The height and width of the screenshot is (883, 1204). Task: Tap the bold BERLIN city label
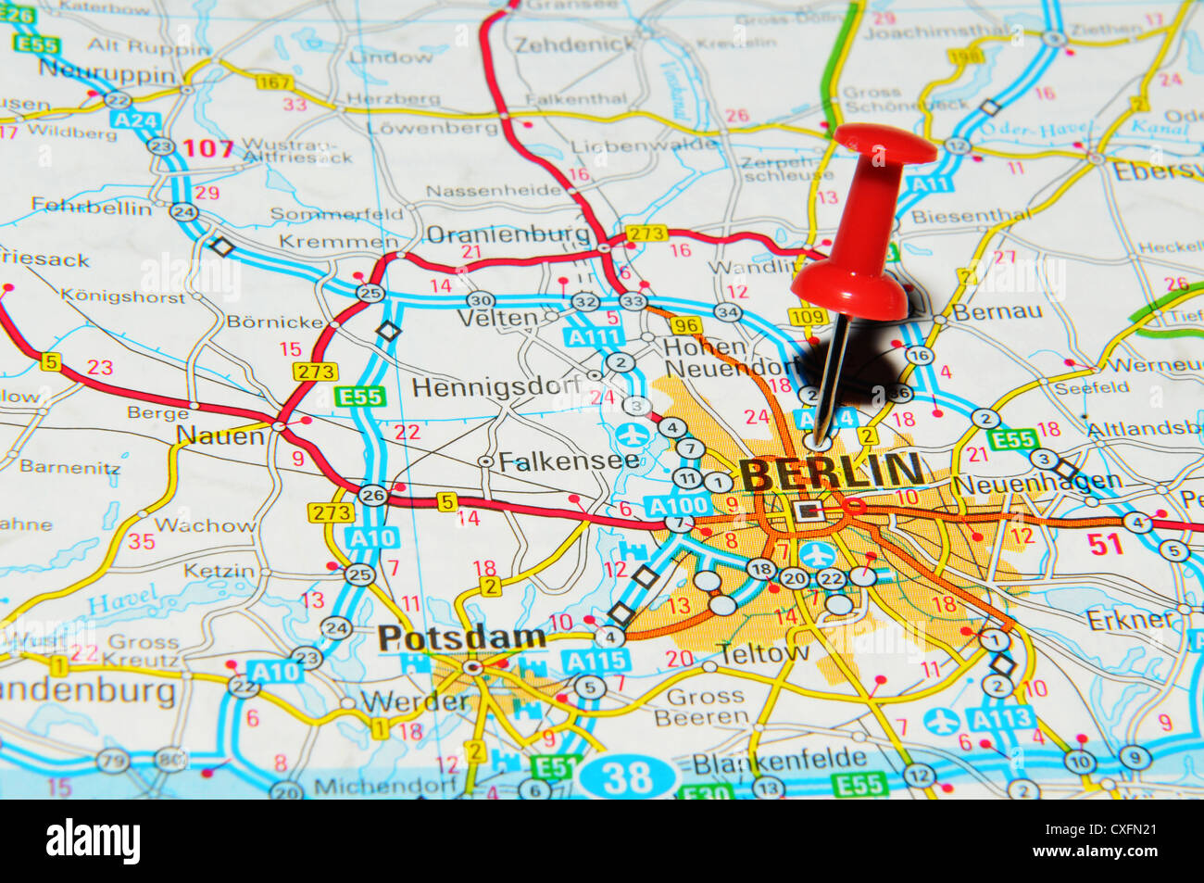tap(831, 473)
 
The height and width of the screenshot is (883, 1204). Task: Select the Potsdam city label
tap(461, 637)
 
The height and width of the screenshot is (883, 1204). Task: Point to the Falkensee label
tap(568, 460)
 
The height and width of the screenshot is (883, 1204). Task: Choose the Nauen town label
tap(219, 435)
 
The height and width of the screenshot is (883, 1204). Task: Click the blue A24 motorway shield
tap(134, 120)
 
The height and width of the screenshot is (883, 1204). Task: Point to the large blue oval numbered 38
tap(629, 776)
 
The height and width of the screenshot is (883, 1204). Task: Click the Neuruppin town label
tap(107, 71)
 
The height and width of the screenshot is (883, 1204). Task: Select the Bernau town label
tap(997, 311)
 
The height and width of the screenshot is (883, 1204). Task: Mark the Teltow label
tap(764, 653)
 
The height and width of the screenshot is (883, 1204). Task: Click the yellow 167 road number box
tap(274, 82)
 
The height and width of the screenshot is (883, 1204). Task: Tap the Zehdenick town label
tap(575, 44)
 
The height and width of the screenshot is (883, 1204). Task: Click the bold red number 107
tap(207, 147)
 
